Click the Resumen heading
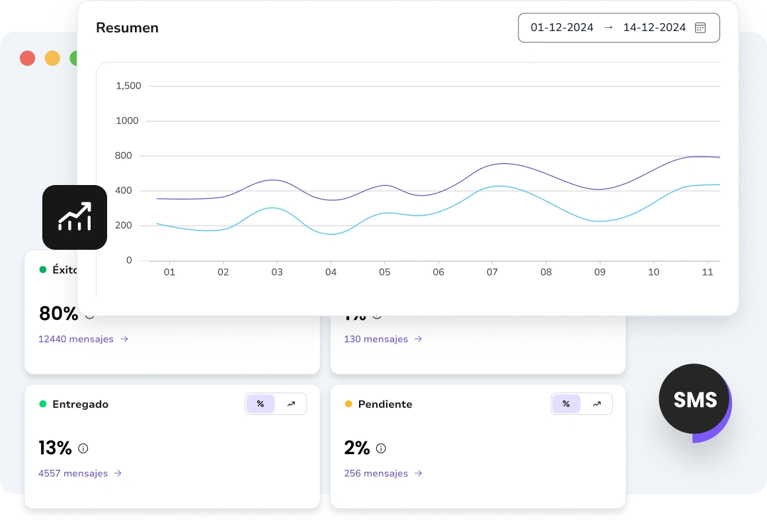(x=127, y=28)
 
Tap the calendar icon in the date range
(x=700, y=28)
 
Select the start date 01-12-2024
(x=562, y=28)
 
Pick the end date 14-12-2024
(x=654, y=28)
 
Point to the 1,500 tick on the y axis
(x=128, y=86)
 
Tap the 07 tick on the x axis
(x=492, y=272)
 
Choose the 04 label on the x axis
(x=331, y=272)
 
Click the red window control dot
(x=27, y=58)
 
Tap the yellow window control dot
(x=52, y=58)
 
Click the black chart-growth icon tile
(x=75, y=217)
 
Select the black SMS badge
(x=694, y=399)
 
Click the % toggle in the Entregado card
(x=261, y=404)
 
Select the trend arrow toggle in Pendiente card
(x=596, y=404)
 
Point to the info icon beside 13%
(x=83, y=448)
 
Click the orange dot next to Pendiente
(x=348, y=404)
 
